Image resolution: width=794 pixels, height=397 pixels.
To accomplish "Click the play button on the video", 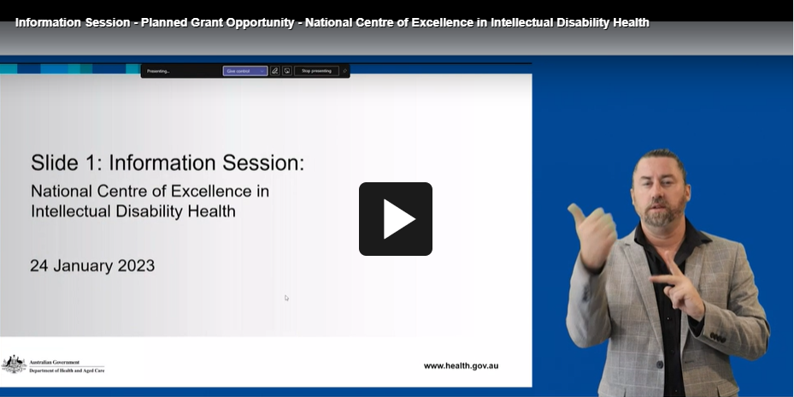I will tap(395, 219).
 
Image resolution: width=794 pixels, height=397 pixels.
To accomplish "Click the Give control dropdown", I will tap(245, 71).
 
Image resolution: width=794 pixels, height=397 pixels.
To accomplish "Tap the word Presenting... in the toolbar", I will tap(158, 71).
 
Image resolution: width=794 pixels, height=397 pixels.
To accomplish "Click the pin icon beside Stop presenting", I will tap(344, 71).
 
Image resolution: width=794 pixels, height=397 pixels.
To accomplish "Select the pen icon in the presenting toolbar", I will tap(275, 71).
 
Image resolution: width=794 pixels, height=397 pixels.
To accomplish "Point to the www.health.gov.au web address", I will tap(461, 365).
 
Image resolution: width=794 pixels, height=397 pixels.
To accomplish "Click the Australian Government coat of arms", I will tap(14, 364).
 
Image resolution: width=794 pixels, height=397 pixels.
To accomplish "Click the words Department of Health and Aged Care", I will tap(67, 370).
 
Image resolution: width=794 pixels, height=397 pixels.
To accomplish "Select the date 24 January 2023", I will tap(92, 265).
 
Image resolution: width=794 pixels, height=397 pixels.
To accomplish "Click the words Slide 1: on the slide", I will tap(67, 163).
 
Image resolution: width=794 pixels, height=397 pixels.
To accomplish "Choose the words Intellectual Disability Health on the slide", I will tap(132, 210).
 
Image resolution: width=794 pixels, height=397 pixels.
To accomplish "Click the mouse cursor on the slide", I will tap(286, 298).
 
